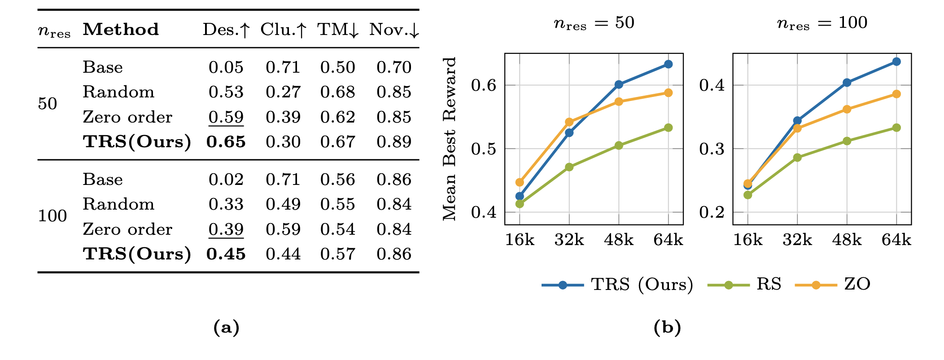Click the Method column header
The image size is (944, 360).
(x=121, y=30)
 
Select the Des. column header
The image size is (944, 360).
(x=226, y=30)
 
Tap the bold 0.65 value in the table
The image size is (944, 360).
(x=226, y=142)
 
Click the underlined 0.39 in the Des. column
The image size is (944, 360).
(x=226, y=229)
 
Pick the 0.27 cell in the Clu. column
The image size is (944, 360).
(x=283, y=92)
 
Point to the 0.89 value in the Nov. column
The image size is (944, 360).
(x=393, y=142)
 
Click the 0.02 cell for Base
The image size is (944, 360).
(x=226, y=180)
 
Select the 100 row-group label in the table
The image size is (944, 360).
(x=52, y=216)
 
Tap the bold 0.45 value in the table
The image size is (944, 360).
(x=226, y=254)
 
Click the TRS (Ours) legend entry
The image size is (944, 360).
(x=617, y=285)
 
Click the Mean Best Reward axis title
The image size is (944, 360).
(x=449, y=139)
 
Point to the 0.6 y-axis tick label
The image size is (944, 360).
(x=484, y=85)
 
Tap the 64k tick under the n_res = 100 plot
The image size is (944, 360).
(x=896, y=240)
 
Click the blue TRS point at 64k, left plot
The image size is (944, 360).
(x=668, y=64)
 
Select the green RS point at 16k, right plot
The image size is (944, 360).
(x=747, y=195)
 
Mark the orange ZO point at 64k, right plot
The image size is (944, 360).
(x=896, y=94)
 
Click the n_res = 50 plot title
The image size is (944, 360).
(x=594, y=23)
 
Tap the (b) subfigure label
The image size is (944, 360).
(x=667, y=328)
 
